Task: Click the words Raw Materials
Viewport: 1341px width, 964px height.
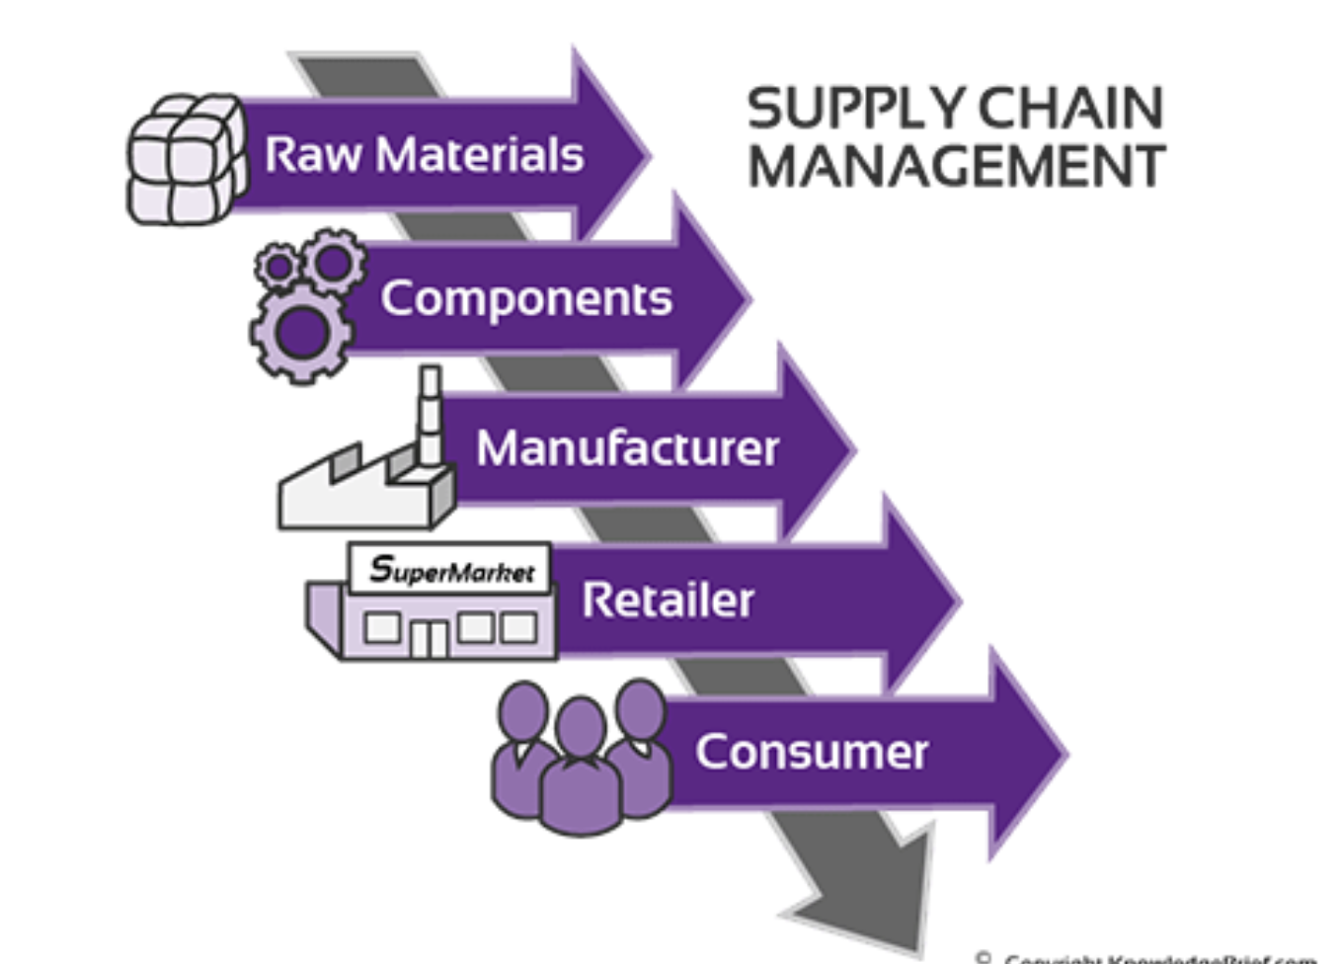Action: point(424,155)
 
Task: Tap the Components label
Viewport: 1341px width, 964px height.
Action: point(526,298)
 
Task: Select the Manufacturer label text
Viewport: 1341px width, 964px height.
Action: point(627,448)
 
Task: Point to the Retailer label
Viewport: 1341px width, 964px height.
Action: point(668,601)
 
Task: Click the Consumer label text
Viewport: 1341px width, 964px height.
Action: point(811,752)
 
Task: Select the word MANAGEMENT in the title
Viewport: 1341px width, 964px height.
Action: point(956,166)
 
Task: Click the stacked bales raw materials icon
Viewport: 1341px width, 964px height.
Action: point(187,159)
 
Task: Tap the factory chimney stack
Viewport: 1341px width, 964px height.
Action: point(430,415)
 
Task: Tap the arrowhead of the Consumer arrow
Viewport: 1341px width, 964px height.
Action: point(1027,754)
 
